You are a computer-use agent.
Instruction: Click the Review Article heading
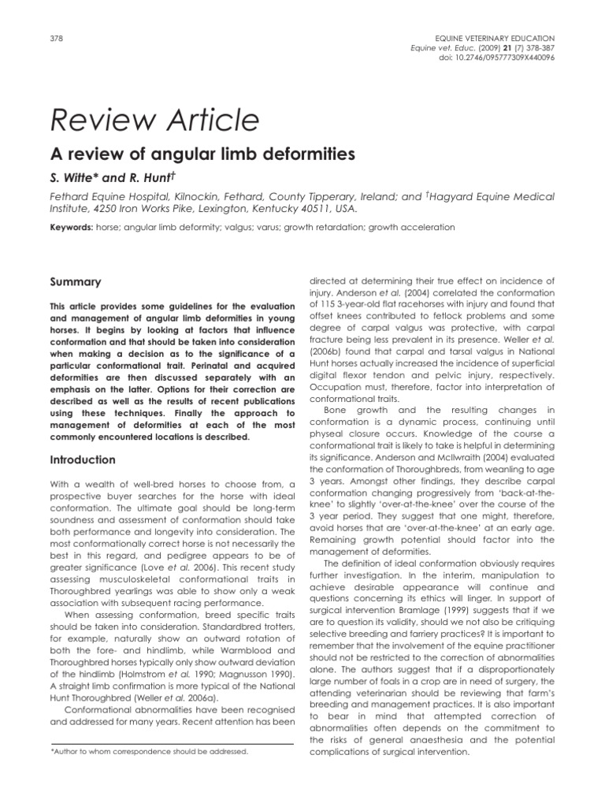(154, 120)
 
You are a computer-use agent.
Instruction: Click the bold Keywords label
(72, 228)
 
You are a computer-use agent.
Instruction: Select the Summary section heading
(76, 281)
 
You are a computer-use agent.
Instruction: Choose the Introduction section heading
(83, 459)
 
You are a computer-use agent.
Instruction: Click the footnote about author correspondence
(149, 752)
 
